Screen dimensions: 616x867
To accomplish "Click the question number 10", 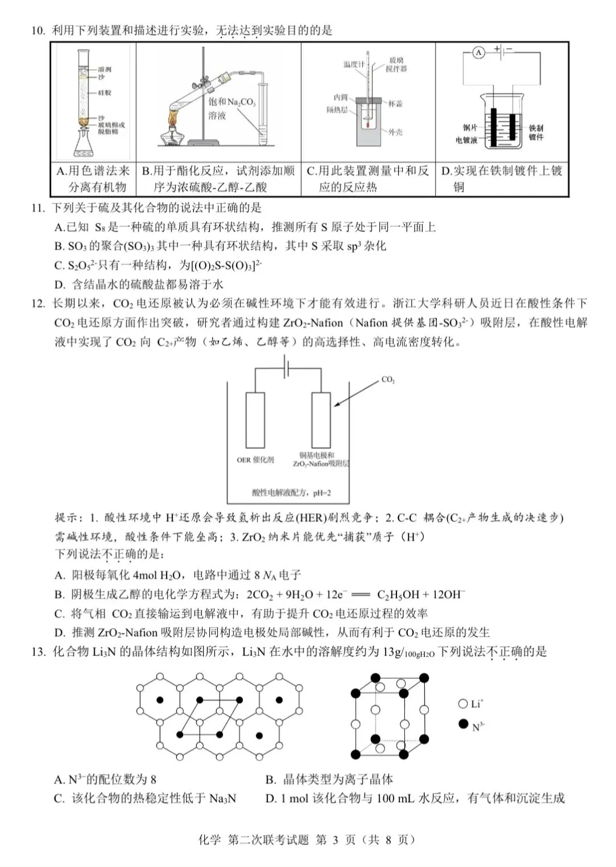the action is (38, 31).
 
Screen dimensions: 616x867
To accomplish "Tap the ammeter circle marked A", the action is (479, 53).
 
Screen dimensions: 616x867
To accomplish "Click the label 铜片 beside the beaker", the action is (470, 128).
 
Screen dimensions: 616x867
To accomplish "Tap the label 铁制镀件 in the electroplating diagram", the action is (536, 133).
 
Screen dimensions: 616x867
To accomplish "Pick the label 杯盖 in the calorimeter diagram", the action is (395, 104).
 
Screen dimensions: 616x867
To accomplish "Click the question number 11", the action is (38, 208).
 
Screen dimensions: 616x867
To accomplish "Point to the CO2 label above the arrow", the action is (388, 380).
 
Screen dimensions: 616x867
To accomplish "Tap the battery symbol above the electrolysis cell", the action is (287, 367).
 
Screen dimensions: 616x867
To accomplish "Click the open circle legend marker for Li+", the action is (463, 703).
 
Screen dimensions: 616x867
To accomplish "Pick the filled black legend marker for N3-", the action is (463, 724).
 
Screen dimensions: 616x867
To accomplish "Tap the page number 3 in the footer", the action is (335, 840).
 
